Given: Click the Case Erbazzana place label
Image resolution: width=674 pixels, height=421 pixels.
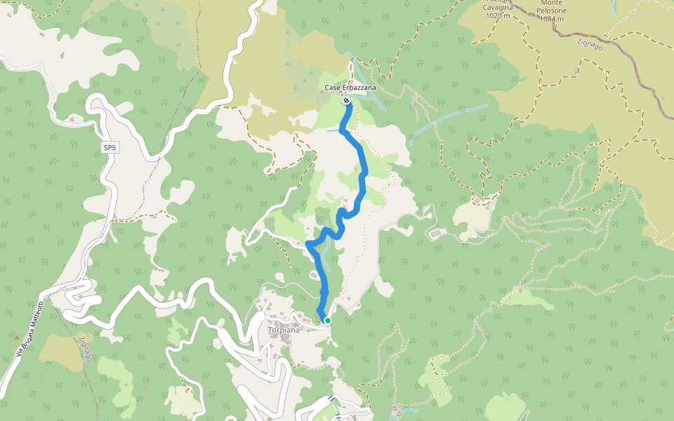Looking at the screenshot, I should click(x=350, y=88).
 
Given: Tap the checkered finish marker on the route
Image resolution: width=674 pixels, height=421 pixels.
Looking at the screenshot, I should click(x=347, y=101).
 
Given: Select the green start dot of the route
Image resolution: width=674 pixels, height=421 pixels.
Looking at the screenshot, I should click(x=327, y=321).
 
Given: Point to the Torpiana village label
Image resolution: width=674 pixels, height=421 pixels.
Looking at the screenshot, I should click(x=283, y=330).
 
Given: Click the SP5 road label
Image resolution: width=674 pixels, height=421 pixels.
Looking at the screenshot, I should click(x=109, y=148).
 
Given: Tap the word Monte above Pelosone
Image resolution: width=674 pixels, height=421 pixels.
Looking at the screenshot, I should click(x=548, y=3).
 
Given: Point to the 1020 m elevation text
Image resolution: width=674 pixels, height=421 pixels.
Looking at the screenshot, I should click(x=496, y=15).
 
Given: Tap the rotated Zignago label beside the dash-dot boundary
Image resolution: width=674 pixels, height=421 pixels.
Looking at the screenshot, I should click(x=85, y=349).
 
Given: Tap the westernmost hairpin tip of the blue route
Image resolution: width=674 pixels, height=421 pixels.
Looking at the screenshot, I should click(x=308, y=244).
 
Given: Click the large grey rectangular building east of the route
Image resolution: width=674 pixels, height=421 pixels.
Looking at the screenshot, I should click(x=435, y=233).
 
